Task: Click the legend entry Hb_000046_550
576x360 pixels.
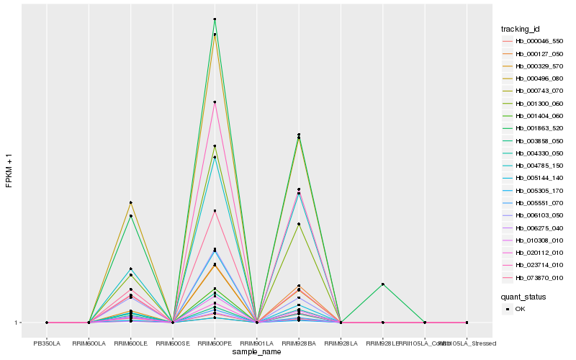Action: (x=534, y=41)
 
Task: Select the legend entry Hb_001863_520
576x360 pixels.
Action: (x=534, y=128)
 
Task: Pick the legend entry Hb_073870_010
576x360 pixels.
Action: (x=534, y=277)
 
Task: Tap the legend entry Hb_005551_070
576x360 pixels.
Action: (x=534, y=203)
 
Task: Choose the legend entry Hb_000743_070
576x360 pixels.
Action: (x=534, y=91)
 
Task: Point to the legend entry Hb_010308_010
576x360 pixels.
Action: (x=534, y=240)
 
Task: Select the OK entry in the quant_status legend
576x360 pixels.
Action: (x=520, y=308)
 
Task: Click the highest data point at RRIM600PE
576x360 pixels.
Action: (x=215, y=19)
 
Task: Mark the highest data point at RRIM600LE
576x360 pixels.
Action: (x=130, y=203)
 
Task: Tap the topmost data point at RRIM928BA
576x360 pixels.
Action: (x=299, y=135)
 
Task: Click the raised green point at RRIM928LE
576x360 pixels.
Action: (x=383, y=284)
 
